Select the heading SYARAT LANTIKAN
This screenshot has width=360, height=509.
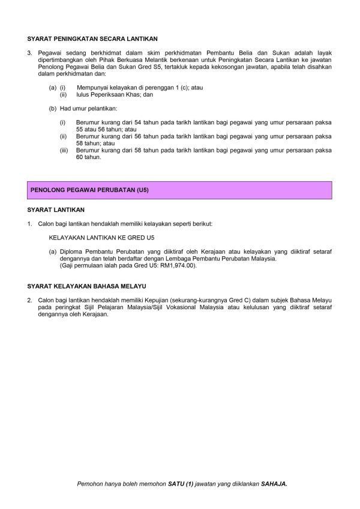pyautogui.click(x=56, y=210)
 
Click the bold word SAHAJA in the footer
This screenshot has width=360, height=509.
pyautogui.click(x=274, y=483)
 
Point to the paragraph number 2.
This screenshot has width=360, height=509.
pyautogui.click(x=30, y=299)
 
